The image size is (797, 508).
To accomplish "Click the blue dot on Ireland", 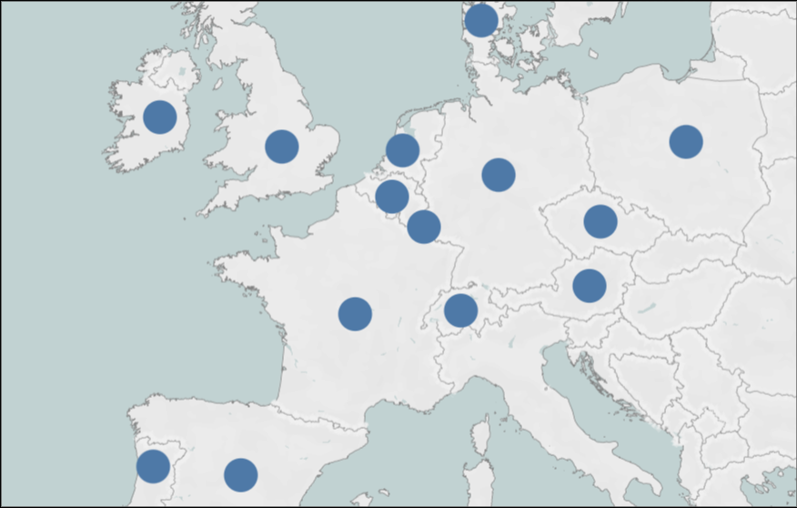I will (x=159, y=117).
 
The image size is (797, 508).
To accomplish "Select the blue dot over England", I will (x=282, y=147).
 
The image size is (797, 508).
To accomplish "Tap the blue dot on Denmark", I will (x=481, y=20).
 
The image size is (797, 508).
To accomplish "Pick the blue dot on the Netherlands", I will (x=402, y=150).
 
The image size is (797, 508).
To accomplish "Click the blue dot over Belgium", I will (x=391, y=196).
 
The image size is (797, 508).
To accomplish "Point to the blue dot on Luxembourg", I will (x=424, y=226).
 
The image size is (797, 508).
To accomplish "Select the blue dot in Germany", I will (x=499, y=174).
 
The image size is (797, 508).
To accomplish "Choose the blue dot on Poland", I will (x=686, y=142).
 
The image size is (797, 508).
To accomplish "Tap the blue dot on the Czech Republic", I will (x=600, y=221).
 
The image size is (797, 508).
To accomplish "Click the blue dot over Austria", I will (x=590, y=286).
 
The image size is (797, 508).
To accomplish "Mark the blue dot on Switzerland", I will (x=461, y=310).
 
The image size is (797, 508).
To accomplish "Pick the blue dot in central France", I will (x=355, y=314).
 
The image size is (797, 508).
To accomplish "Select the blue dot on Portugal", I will (x=153, y=466).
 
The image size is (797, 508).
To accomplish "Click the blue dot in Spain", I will (x=241, y=474).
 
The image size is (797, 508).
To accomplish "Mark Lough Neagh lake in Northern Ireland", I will (x=183, y=71).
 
